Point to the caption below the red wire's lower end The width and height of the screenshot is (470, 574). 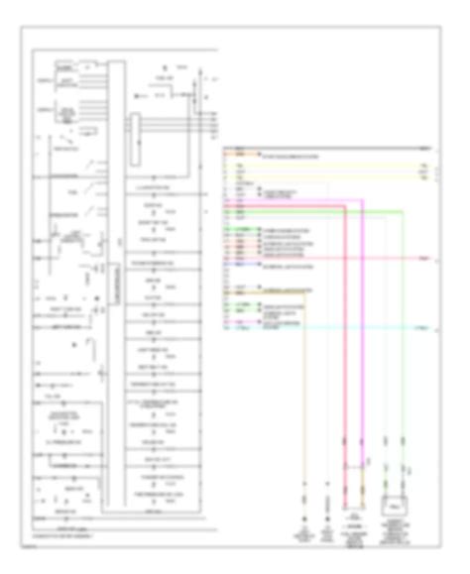click(352, 534)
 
